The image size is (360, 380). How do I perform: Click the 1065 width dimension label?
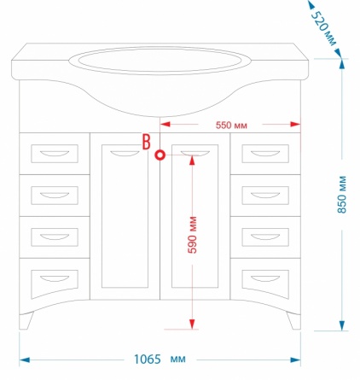coord(148,360)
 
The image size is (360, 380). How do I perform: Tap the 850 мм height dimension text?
coord(342,195)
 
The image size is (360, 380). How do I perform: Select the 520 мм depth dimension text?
coord(323,28)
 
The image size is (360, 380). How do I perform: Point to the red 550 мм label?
coord(231,126)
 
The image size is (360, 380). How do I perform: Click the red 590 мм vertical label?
coord(193,235)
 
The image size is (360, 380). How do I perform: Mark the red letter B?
coord(146,142)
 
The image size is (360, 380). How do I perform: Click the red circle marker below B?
coord(160,155)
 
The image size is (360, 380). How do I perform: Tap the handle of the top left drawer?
coord(55,154)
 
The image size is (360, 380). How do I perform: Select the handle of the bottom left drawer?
coord(55,278)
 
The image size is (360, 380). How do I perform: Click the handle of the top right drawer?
coord(265,154)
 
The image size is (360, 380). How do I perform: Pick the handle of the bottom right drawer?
coord(265,278)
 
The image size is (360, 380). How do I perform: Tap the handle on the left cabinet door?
coord(125,153)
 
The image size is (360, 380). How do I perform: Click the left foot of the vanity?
coord(26,320)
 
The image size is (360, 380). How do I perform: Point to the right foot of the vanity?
coord(293,320)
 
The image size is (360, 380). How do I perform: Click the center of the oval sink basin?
coord(160,61)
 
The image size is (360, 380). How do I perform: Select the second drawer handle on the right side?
coord(265,196)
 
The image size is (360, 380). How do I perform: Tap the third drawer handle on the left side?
coord(55,237)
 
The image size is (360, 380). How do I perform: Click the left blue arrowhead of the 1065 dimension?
coord(25,360)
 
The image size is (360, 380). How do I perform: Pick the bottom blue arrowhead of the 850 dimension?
coord(342,325)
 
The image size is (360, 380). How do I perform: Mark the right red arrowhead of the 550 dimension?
coord(295,125)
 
